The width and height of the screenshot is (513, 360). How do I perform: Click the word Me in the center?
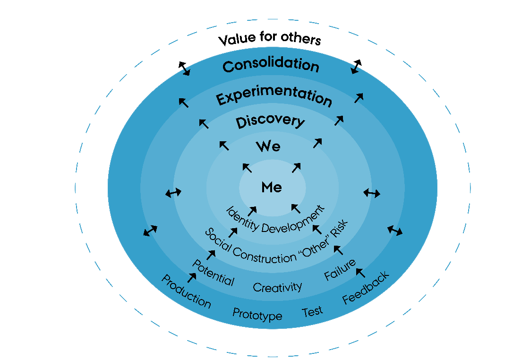[x=272, y=188]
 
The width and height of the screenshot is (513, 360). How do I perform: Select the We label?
[x=268, y=146]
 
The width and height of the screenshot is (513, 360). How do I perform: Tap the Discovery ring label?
[x=270, y=121]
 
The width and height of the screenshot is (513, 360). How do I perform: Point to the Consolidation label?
[x=271, y=66]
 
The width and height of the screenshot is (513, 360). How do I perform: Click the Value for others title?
[x=270, y=39]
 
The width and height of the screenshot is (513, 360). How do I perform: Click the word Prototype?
[x=257, y=314]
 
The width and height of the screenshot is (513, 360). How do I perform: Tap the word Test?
[x=312, y=311]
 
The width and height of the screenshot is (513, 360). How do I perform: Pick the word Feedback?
[x=366, y=287]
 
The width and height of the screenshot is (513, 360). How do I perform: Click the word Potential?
[x=213, y=273]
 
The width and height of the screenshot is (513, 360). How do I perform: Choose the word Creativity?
[x=277, y=287]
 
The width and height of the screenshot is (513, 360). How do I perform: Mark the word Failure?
[x=340, y=269]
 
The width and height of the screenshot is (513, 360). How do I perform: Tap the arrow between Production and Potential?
[x=193, y=277]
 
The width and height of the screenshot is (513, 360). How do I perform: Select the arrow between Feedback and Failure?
[x=360, y=272]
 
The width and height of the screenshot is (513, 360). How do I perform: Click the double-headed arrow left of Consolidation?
[x=184, y=69]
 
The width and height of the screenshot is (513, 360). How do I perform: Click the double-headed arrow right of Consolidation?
[x=356, y=67]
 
